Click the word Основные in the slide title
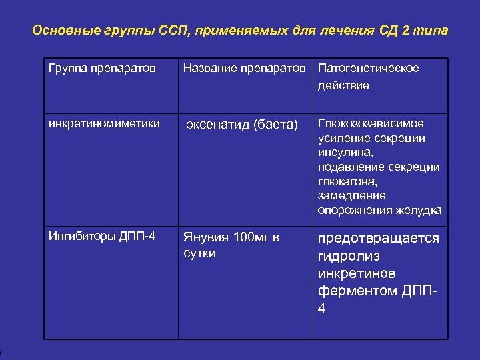tap(59, 31)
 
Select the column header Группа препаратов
tap(102, 69)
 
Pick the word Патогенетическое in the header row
tap(369, 69)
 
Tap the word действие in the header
tap(343, 85)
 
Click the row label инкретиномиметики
tap(104, 123)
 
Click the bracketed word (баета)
tap(276, 124)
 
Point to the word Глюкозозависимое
tap(371, 123)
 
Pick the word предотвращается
tap(379, 238)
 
